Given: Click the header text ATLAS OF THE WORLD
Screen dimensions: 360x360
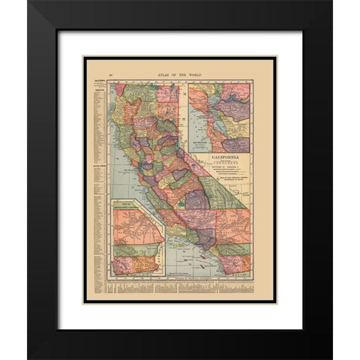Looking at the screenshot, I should pyautogui.click(x=178, y=73).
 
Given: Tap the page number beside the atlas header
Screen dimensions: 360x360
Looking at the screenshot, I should pyautogui.click(x=110, y=73).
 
